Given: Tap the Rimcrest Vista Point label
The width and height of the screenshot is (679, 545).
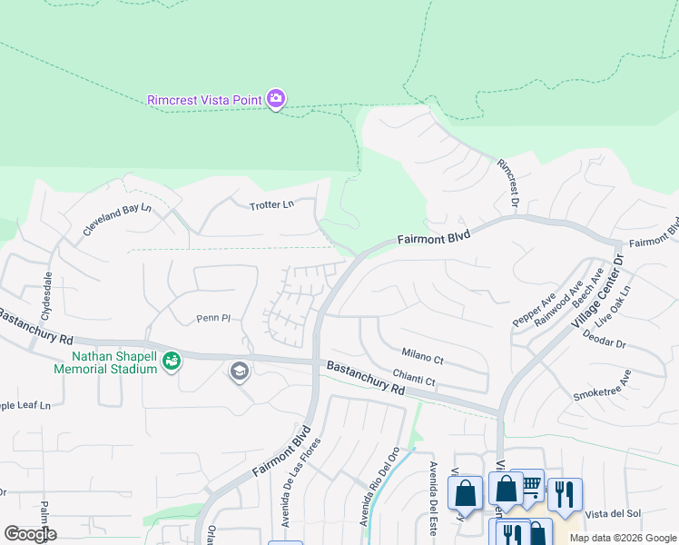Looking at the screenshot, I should tap(205, 99).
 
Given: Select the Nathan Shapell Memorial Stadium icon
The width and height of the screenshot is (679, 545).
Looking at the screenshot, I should tap(171, 362).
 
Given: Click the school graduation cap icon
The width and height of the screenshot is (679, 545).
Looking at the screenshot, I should tap(240, 371).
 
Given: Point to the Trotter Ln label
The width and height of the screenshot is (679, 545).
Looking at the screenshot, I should tap(271, 205).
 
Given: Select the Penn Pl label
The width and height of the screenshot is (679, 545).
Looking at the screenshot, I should tap(215, 319).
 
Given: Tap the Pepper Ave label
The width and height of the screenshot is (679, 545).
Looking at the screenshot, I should tap(534, 309).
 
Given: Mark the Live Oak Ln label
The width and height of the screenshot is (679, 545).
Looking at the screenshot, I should tap(613, 307).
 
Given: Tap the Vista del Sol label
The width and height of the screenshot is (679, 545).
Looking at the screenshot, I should tap(613, 514).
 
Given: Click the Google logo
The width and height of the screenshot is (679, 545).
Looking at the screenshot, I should tap(30, 534).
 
